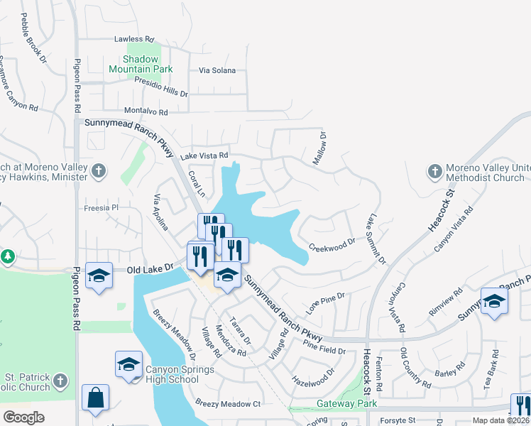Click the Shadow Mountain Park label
pyautogui.click(x=141, y=64)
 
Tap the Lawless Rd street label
pyautogui.click(x=134, y=39)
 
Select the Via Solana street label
pyautogui.click(x=217, y=71)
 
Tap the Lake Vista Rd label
pyautogui.click(x=204, y=155)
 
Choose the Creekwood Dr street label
pyautogui.click(x=332, y=244)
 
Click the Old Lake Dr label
pyautogui.click(x=150, y=268)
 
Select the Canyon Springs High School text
pyautogui.click(x=172, y=374)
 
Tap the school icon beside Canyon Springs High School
pyautogui.click(x=128, y=365)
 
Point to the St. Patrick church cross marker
pyautogui.click(x=61, y=381)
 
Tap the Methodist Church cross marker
pyautogui.click(x=434, y=171)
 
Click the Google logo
pyautogui.click(x=23, y=417)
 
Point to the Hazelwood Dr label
pyautogui.click(x=313, y=377)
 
